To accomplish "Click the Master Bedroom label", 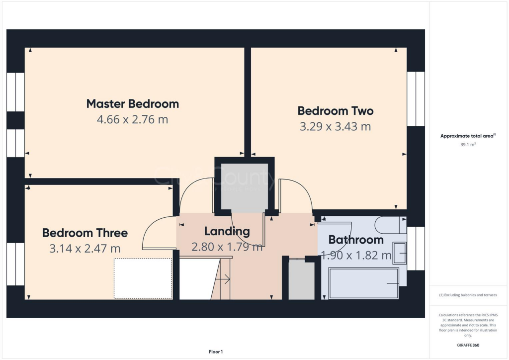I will pyautogui.click(x=132, y=104).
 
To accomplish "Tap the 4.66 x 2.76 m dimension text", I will pyautogui.click(x=132, y=120).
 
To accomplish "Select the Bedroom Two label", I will pyautogui.click(x=335, y=110).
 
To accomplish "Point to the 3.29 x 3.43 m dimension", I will pyautogui.click(x=335, y=127).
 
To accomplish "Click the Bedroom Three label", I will pyautogui.click(x=85, y=233).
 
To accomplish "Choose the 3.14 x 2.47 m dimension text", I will pyautogui.click(x=85, y=249).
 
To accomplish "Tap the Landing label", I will pyautogui.click(x=227, y=231).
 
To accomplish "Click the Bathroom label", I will pyautogui.click(x=355, y=240).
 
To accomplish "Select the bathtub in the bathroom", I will pyautogui.click(x=363, y=283).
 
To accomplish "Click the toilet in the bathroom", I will pyautogui.click(x=391, y=225).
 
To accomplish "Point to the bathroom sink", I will pyautogui.click(x=399, y=253).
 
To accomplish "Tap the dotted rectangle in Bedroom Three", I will pyautogui.click(x=143, y=278).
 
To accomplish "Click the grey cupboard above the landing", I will pyautogui.click(x=244, y=186).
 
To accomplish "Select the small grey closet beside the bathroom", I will pyautogui.click(x=302, y=280).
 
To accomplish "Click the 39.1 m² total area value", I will pyautogui.click(x=468, y=144).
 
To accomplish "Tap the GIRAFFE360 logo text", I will pyautogui.click(x=468, y=345).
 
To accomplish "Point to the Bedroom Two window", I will pyautogui.click(x=416, y=99).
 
